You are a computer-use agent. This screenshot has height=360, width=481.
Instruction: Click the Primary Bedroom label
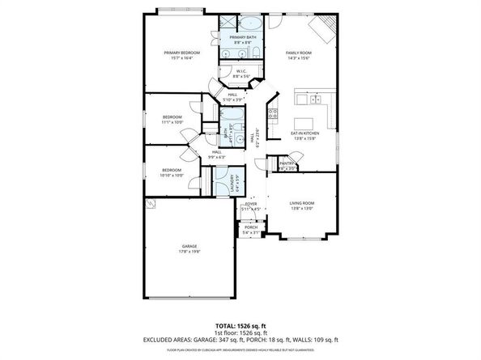(181, 53)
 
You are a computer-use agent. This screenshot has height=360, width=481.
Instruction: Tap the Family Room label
(299, 53)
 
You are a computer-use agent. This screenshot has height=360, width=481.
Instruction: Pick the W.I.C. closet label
(241, 71)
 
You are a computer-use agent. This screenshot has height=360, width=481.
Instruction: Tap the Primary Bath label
(241, 37)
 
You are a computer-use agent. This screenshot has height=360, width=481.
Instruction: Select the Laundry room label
(232, 182)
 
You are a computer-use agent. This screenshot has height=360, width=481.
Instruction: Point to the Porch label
(251, 227)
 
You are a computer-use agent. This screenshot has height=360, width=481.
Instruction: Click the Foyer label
(251, 204)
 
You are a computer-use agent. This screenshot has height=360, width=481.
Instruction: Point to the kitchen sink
(302, 100)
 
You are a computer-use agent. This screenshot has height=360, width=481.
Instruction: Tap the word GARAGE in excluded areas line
(212, 339)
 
